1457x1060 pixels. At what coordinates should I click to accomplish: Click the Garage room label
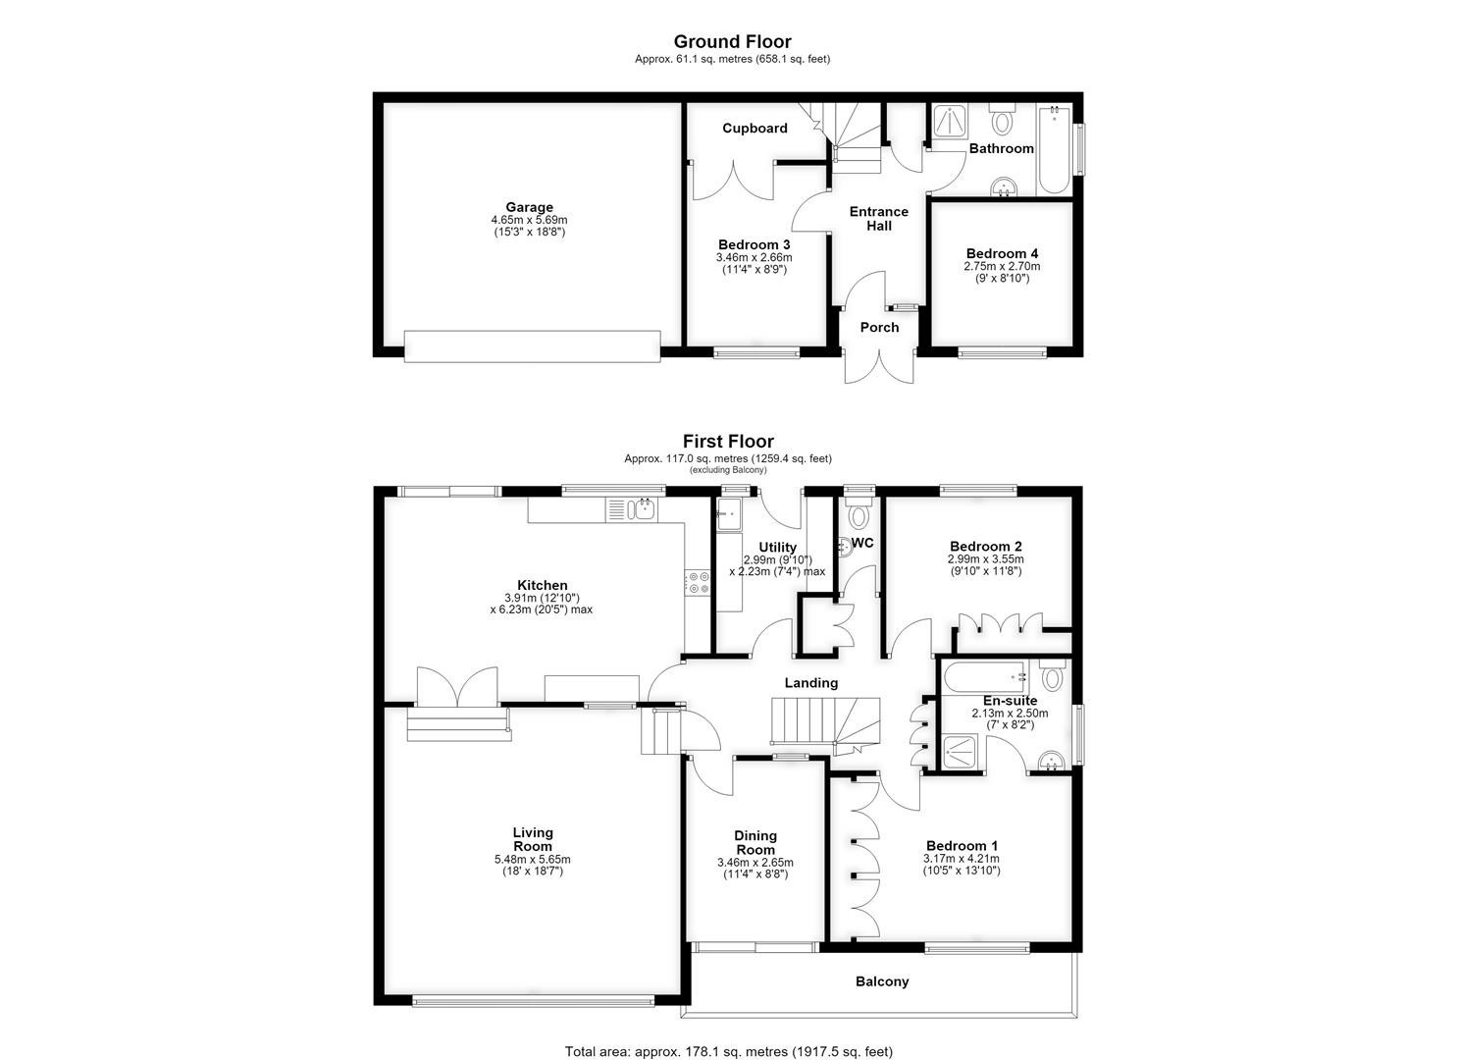tap(530, 207)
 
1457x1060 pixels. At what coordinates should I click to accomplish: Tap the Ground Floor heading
tap(732, 41)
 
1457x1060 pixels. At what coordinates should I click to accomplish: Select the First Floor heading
tap(728, 442)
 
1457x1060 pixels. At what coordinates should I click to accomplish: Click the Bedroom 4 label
tap(1002, 254)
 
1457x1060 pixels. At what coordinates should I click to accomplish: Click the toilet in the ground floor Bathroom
tap(1002, 118)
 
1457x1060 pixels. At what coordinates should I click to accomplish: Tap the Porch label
tap(879, 327)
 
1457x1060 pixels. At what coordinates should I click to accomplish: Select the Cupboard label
tap(755, 129)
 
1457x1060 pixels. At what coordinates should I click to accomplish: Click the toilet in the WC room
tap(859, 513)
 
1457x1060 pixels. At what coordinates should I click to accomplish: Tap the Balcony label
tap(882, 981)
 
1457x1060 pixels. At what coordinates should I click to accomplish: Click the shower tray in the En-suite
tap(960, 753)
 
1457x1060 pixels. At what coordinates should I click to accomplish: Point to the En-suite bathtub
tap(986, 677)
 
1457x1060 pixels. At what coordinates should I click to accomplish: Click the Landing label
tap(811, 682)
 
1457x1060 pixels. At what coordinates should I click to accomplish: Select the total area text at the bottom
tap(728, 1033)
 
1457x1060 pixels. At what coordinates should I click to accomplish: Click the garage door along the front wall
tap(532, 345)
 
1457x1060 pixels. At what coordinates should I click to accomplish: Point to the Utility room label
tap(777, 548)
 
